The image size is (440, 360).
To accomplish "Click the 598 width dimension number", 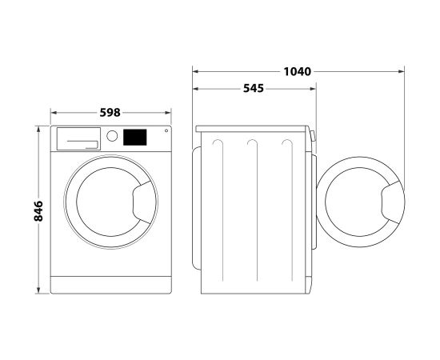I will click(x=111, y=112).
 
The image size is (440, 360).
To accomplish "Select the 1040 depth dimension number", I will click(x=296, y=71).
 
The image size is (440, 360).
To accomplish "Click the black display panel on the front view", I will click(x=135, y=137).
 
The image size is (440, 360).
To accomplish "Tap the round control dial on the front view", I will click(x=113, y=137).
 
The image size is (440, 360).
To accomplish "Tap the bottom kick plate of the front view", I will click(x=111, y=286).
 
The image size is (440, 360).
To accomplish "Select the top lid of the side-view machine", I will click(x=252, y=126).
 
